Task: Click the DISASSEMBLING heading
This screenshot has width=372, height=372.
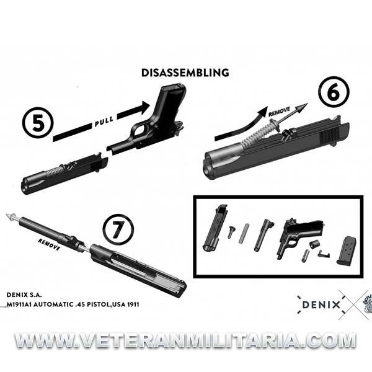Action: (x=185, y=73)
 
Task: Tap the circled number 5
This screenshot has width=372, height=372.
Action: (x=38, y=123)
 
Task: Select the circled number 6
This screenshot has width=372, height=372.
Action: (x=334, y=92)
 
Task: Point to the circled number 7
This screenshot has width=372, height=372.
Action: (x=118, y=229)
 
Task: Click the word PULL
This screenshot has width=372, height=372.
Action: (x=104, y=122)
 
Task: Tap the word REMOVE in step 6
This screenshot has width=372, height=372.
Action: (x=279, y=112)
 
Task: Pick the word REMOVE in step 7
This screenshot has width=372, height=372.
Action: (x=49, y=244)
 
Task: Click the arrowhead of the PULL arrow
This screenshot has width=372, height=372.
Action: (x=144, y=107)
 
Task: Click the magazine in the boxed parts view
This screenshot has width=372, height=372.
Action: (x=347, y=250)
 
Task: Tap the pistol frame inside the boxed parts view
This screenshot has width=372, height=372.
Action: (x=299, y=237)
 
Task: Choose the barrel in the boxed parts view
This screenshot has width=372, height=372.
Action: (x=263, y=236)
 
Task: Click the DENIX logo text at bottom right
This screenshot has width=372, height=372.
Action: (x=321, y=304)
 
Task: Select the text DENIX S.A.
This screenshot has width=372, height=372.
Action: (x=24, y=295)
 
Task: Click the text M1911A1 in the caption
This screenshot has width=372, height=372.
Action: (x=19, y=304)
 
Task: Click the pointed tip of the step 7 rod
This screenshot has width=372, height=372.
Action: (x=7, y=215)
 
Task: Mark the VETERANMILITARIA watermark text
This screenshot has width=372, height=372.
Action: (x=185, y=340)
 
